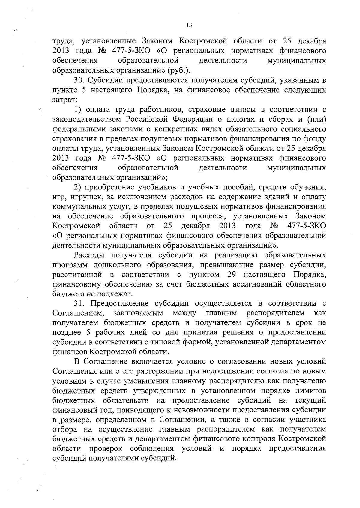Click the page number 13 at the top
(189, 25)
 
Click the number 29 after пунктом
(232, 275)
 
